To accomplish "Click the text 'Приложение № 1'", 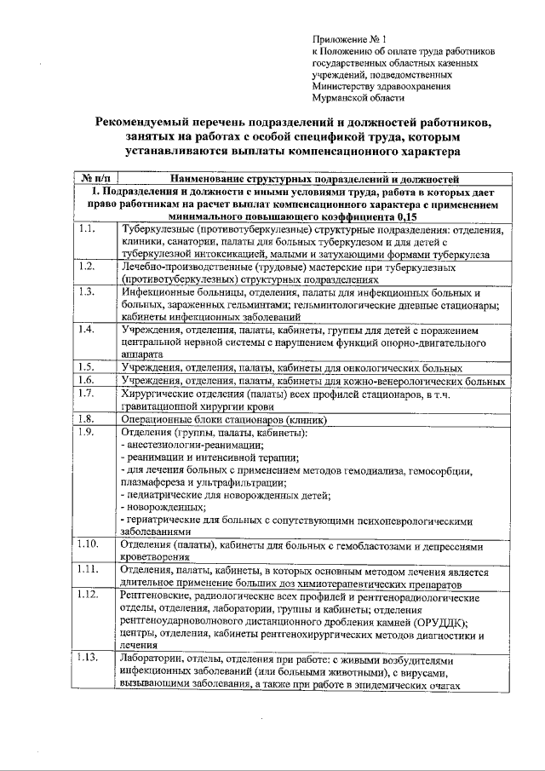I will (349, 39).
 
